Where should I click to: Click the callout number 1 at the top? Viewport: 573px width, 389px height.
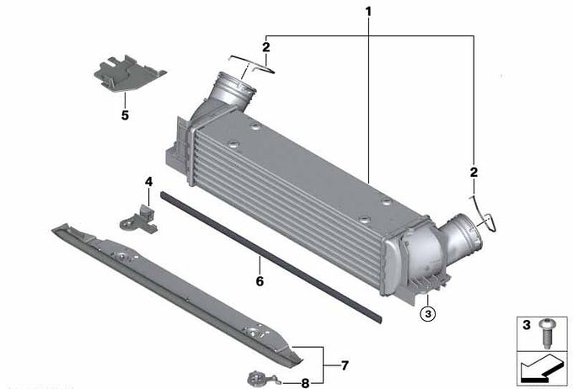[x=368, y=12]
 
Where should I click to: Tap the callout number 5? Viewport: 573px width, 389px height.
[x=125, y=115]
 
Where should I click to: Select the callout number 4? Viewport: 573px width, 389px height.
[x=149, y=182]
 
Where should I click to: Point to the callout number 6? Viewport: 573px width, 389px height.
[x=260, y=281]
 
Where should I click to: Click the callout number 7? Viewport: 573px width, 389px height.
[x=345, y=365]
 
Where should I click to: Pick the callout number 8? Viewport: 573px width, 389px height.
[x=305, y=383]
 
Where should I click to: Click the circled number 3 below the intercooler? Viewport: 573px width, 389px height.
[x=428, y=313]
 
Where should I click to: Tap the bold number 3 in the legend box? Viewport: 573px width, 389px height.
[x=526, y=325]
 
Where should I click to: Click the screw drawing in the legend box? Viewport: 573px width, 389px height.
[x=546, y=333]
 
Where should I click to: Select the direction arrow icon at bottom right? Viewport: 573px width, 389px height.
[x=543, y=369]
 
